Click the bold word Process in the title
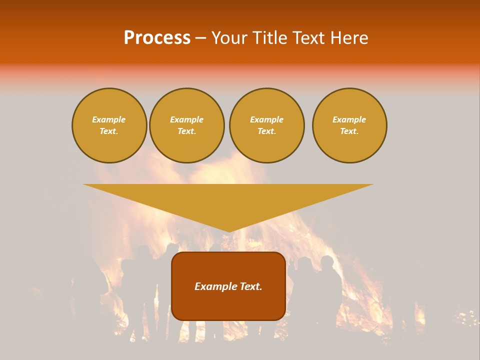coord(157,38)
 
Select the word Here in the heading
coord(350,38)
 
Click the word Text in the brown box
coord(250,286)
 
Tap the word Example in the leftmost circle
coord(109,119)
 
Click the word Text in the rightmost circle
coord(349,131)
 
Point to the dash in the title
coord(200,38)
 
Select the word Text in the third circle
coord(266,131)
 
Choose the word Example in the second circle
coord(186,119)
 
